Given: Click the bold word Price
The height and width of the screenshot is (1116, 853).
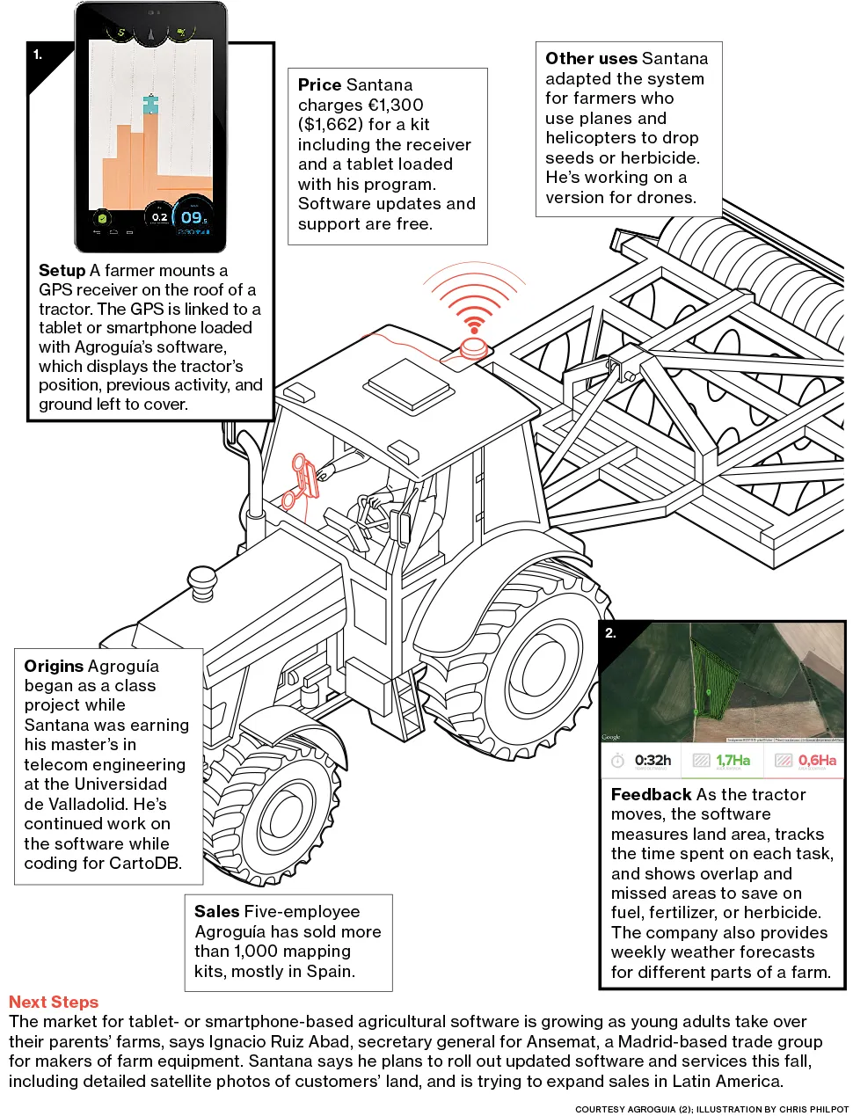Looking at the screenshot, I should click(x=319, y=85).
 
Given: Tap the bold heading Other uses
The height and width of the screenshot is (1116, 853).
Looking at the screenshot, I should click(x=586, y=59).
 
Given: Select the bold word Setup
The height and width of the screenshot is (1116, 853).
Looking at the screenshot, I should click(x=62, y=271).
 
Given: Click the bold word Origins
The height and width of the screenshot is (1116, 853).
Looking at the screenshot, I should click(x=55, y=666).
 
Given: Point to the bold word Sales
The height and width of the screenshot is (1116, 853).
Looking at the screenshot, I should click(x=216, y=912).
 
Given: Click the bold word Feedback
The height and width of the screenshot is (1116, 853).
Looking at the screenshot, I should click(x=651, y=794).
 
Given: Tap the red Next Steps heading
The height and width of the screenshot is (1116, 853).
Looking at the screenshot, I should click(x=54, y=1002).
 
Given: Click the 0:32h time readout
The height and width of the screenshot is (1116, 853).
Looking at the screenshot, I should click(x=653, y=760).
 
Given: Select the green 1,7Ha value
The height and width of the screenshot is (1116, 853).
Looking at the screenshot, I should click(x=733, y=760).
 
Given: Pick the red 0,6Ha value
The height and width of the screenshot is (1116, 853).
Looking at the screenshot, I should click(x=817, y=760).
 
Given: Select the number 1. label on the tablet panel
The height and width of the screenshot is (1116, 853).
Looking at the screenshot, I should click(x=38, y=55).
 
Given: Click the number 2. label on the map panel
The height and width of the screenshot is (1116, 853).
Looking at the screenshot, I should click(x=610, y=632).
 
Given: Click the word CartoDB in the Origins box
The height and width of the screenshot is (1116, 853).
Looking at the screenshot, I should click(x=144, y=864).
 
